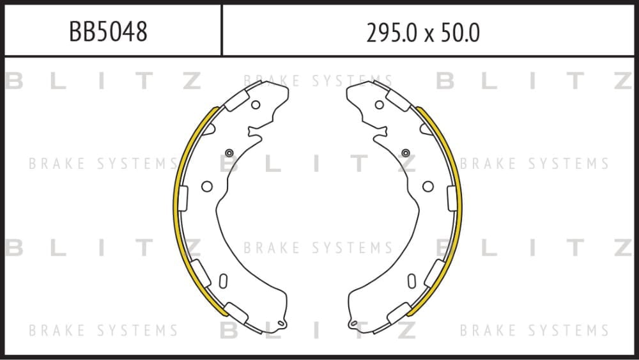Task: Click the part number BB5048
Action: (x=108, y=31)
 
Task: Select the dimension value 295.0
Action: (x=393, y=33)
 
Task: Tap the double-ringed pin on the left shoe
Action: (x=229, y=153)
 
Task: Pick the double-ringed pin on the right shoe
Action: (x=406, y=153)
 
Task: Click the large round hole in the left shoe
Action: (x=207, y=186)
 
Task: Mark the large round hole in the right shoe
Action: (x=428, y=186)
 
